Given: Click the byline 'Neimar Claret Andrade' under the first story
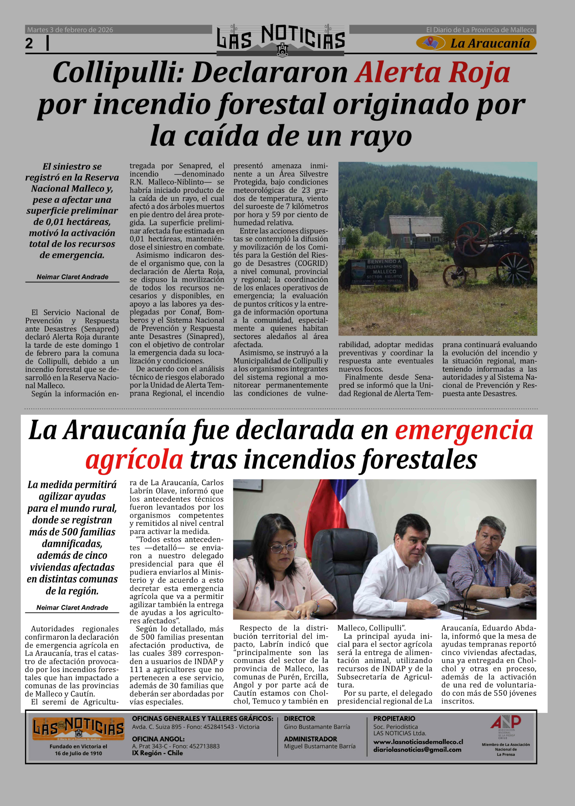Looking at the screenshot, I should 72,277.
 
